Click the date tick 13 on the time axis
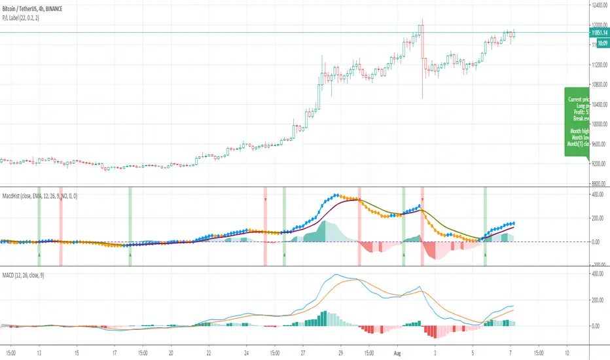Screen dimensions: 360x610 click(39, 351)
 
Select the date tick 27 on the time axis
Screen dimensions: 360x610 click(303, 351)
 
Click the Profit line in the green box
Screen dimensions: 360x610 click(579, 112)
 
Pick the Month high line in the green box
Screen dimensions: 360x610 click(579, 131)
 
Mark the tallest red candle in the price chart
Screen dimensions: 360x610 click(423, 59)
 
